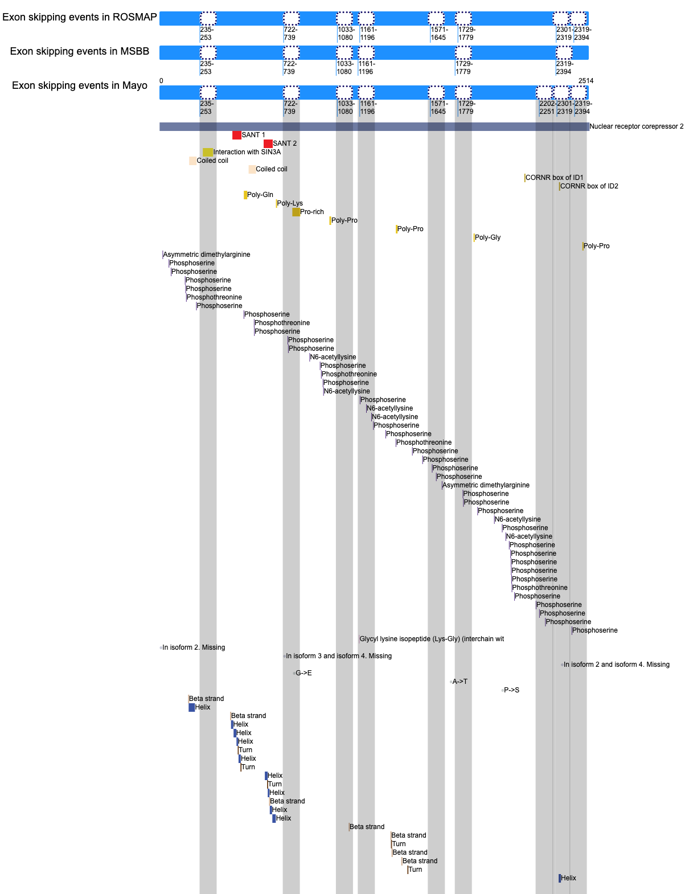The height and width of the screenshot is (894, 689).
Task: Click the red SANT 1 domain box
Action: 236,135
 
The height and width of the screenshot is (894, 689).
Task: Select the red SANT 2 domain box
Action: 268,143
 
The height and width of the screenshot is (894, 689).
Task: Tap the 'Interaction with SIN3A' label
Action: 247,152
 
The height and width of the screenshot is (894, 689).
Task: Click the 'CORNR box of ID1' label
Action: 554,178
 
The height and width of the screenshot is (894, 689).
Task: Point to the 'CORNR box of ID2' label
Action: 589,186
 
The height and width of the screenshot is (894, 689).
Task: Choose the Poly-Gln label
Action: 260,195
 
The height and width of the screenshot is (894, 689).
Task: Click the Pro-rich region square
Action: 296,212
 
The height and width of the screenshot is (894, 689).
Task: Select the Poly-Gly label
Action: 487,237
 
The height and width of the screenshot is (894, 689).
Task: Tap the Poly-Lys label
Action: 290,203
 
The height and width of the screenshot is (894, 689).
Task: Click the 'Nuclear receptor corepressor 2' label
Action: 637,126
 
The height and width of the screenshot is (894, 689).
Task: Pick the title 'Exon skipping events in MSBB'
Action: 79,51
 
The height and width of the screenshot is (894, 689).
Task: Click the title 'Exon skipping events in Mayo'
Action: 79,85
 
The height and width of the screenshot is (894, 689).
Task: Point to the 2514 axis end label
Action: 586,81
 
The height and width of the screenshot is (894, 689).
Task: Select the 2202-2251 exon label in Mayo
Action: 547,108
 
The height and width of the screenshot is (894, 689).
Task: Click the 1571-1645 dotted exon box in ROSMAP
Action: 436,19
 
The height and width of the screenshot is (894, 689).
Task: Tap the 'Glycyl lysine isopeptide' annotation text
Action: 432,639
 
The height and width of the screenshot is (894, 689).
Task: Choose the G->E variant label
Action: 304,673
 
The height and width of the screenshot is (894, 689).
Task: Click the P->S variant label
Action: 511,690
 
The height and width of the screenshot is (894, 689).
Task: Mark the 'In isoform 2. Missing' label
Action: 194,647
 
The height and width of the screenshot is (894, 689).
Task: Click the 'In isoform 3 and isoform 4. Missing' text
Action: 339,656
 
